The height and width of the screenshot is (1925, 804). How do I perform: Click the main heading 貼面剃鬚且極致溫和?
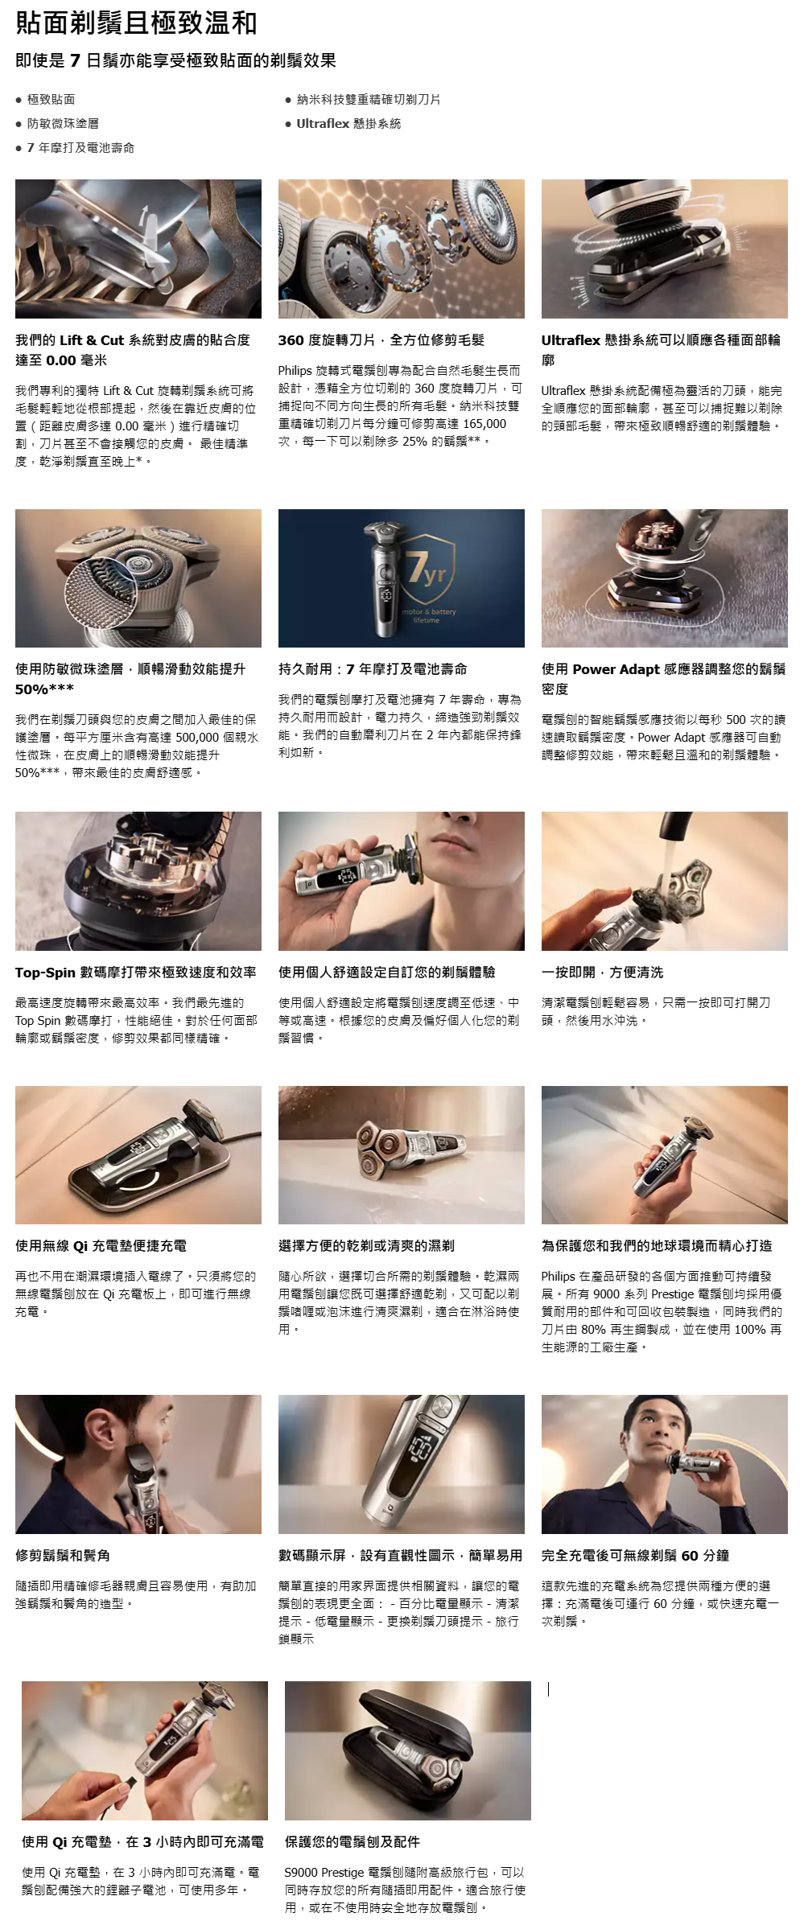point(136,23)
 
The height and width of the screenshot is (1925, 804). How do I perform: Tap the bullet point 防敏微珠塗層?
point(63,123)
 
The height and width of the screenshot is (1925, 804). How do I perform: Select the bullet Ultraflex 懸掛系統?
point(348,123)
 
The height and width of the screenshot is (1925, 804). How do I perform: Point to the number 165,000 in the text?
point(484,424)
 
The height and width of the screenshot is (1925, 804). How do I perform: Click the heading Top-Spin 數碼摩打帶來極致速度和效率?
point(136,972)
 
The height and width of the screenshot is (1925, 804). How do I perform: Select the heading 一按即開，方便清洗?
point(602,972)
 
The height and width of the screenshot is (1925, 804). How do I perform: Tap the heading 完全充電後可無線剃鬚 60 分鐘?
point(636,1555)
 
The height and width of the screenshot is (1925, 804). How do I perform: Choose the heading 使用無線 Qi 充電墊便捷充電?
point(101,1245)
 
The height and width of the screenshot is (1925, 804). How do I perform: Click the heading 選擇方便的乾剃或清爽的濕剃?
point(366,1245)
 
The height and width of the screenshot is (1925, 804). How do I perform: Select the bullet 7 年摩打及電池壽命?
point(80,147)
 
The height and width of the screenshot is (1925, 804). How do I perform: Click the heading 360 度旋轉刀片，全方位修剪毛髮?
point(381,339)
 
